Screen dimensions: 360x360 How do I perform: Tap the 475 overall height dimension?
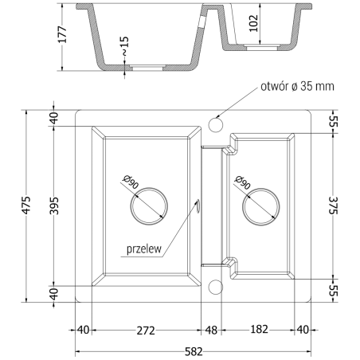pos(27,204)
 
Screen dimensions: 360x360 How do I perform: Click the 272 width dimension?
pos(143,330)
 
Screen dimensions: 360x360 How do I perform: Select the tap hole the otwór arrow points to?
pos(214,124)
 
